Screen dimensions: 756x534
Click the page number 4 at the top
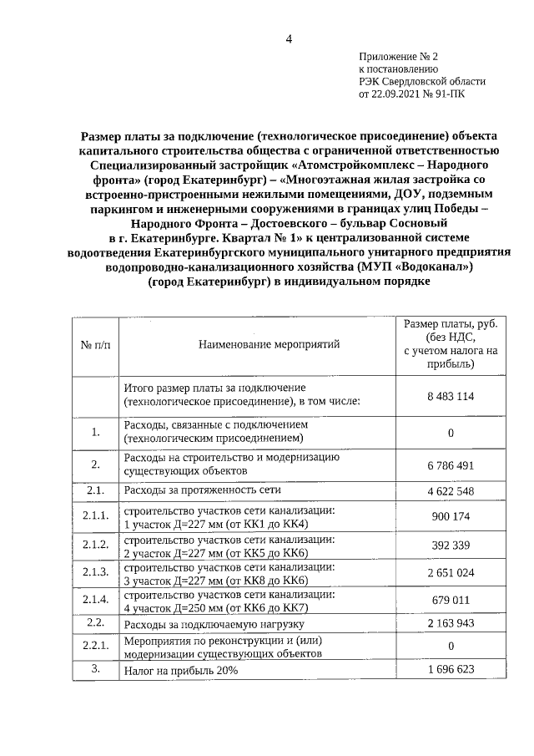(x=289, y=38)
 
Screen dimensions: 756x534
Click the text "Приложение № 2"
(x=398, y=56)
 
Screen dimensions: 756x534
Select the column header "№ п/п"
(x=96, y=345)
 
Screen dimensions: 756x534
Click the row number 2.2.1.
(x=96, y=647)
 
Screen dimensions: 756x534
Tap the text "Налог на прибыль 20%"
(x=181, y=671)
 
